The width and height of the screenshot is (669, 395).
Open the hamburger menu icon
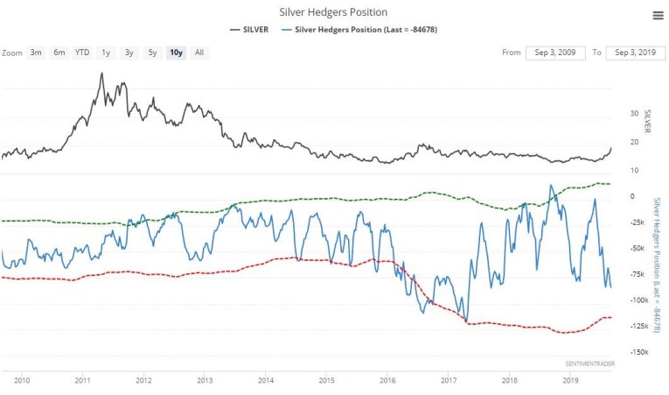658,15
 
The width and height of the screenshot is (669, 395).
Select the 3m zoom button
36,53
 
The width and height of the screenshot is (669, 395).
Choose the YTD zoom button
82,53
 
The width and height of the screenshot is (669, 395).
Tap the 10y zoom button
176,53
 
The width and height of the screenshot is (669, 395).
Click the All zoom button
199,53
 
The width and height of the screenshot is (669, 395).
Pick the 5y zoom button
152,53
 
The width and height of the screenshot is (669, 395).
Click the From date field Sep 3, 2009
555,53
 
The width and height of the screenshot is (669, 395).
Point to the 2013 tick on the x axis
205,381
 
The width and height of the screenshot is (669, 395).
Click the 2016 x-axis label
387,381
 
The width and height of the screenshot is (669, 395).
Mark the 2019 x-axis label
570,381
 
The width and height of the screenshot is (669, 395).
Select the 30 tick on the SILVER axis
632,114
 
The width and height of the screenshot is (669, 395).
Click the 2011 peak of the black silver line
101,74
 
